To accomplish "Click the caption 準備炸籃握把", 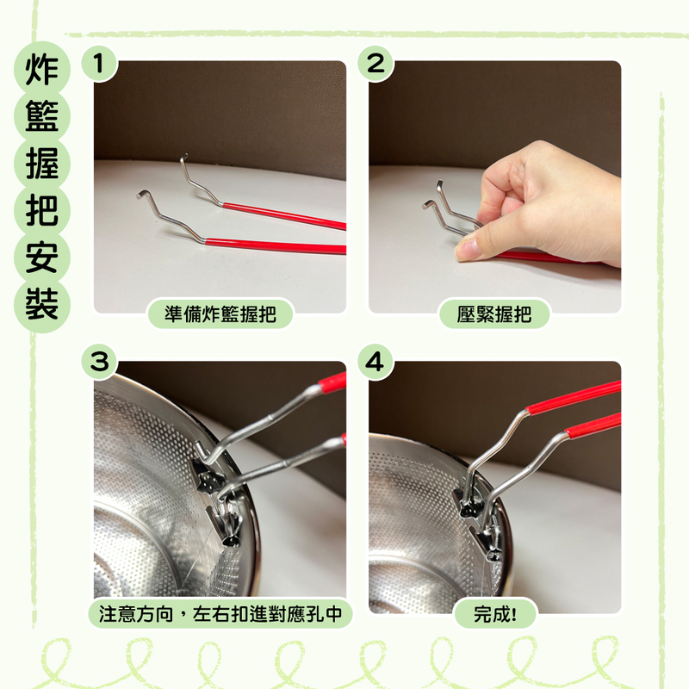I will click(220, 314).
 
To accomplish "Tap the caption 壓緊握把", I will click(494, 314).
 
